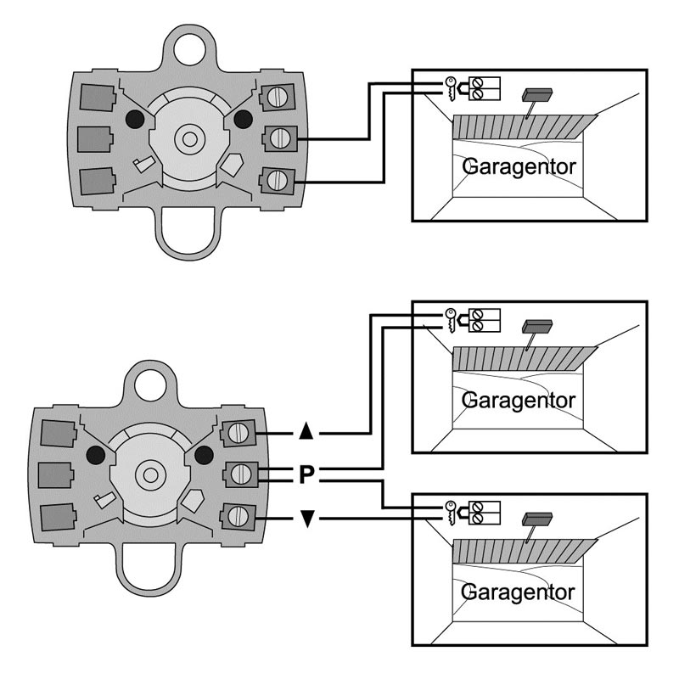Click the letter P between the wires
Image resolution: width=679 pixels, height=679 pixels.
coord(306,474)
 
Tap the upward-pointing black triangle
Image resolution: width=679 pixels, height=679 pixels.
coord(306,431)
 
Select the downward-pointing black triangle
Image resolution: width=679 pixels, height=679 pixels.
coord(307,519)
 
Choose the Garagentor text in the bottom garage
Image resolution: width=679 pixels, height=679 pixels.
coord(518,593)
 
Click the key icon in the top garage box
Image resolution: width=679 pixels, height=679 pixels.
coord(451,89)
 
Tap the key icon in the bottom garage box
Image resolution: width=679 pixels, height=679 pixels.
coord(451,513)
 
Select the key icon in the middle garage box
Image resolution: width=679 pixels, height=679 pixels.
coord(451,321)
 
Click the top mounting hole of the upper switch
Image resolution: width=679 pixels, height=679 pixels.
coord(189,48)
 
